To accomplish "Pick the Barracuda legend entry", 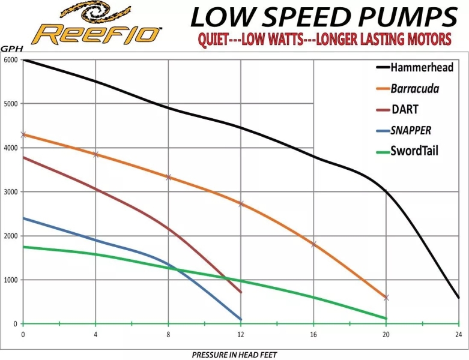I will pyautogui.click(x=414, y=89).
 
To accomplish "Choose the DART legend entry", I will pyautogui.click(x=405, y=109).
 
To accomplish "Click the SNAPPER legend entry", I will pyautogui.click(x=411, y=130).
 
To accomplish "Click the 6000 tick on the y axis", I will pyautogui.click(x=11, y=60).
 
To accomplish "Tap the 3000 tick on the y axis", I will pyautogui.click(x=11, y=192).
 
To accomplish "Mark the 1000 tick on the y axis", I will pyautogui.click(x=11, y=280).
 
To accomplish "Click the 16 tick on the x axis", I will pyautogui.click(x=313, y=334).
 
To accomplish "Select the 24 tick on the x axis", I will pyautogui.click(x=458, y=334).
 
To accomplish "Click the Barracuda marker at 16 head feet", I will pyautogui.click(x=313, y=244).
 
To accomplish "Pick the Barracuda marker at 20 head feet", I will pyautogui.click(x=386, y=298).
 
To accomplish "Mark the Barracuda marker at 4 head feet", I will pyautogui.click(x=95, y=154).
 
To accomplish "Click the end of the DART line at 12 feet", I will pyautogui.click(x=240, y=292).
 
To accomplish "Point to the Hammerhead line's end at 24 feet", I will pyautogui.click(x=458, y=298).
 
